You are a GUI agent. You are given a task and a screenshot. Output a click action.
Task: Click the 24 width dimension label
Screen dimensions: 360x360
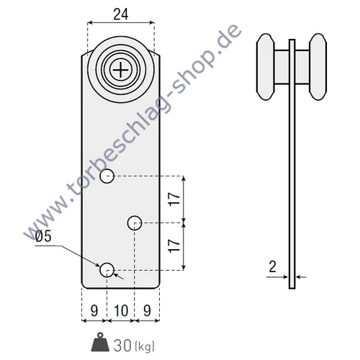tap(121, 14)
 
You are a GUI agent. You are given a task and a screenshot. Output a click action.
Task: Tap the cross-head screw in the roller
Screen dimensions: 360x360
tap(120, 70)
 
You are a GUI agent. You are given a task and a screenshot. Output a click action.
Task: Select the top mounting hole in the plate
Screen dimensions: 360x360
tap(107, 176)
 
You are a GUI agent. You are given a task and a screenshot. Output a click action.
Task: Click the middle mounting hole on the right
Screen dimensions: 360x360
tap(135, 223)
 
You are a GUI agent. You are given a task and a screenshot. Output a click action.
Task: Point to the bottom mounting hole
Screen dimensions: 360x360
tap(107, 270)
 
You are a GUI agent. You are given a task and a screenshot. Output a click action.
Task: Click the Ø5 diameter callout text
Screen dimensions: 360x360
tap(43, 236)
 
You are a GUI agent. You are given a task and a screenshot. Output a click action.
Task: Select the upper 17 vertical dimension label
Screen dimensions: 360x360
tap(174, 199)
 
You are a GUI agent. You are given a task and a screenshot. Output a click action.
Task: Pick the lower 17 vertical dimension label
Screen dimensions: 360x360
tap(174, 246)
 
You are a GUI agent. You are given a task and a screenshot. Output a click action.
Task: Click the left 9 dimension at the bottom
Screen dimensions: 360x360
tap(94, 310)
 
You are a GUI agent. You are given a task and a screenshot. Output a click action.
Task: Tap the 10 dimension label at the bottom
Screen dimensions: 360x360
tap(121, 310)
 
